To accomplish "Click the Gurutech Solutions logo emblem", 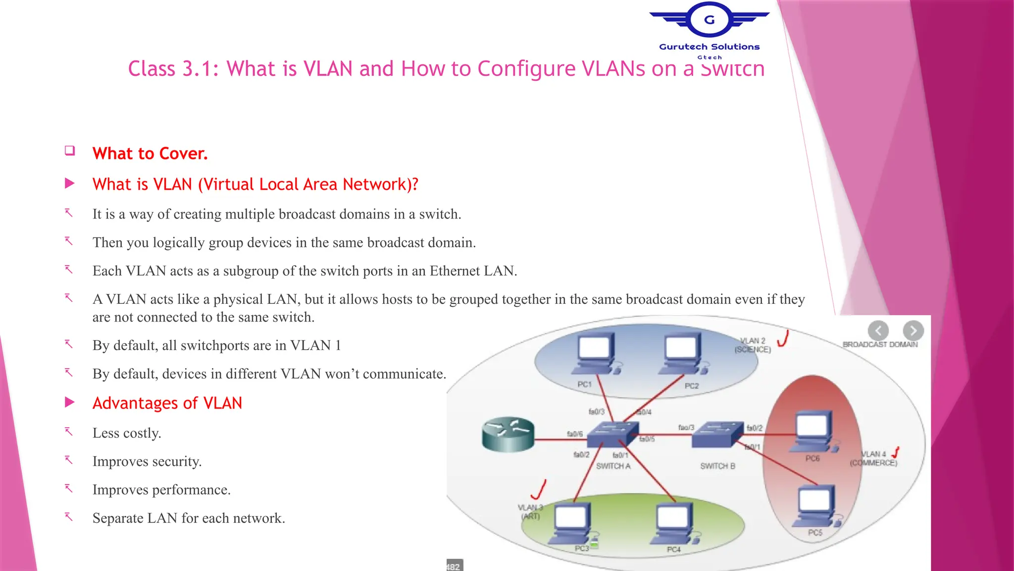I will click(x=709, y=20).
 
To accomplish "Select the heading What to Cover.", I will click(x=150, y=154).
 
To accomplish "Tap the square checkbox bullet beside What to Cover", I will click(x=70, y=151).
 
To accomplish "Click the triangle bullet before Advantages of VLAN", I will click(x=70, y=402).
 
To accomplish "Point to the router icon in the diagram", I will click(x=508, y=434).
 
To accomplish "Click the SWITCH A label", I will click(x=613, y=466).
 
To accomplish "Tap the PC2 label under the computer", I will click(x=692, y=386).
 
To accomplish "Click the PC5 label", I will click(x=815, y=532).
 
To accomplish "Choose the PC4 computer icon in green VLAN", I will click(x=673, y=523).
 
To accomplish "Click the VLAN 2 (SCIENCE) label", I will click(x=753, y=345).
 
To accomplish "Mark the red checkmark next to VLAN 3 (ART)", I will click(x=539, y=489).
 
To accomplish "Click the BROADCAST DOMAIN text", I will click(x=880, y=344).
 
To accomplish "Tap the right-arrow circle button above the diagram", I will click(x=913, y=330).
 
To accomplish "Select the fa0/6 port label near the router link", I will click(x=574, y=434).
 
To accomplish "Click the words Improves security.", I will click(x=147, y=461).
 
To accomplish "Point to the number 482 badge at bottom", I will click(x=454, y=566).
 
